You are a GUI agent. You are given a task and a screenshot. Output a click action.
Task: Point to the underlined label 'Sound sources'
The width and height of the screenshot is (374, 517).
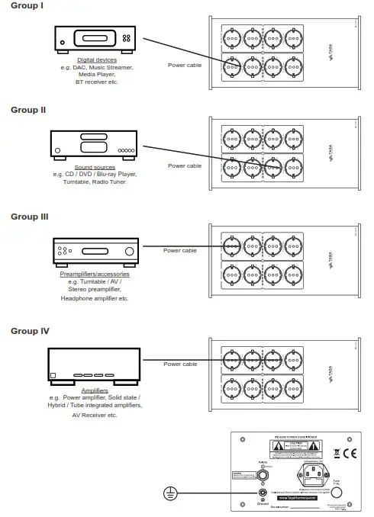coord(95,167)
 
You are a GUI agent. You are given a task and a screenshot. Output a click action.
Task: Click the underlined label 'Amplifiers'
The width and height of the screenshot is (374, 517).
coord(95,390)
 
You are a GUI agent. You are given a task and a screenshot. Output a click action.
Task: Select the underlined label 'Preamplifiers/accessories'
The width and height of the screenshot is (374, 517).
coord(95,274)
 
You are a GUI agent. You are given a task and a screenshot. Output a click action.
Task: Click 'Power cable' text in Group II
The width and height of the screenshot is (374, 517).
coord(185,165)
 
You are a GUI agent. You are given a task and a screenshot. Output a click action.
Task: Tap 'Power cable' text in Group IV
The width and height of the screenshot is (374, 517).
coord(180,364)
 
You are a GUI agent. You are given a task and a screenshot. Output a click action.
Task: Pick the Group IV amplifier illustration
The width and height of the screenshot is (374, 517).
coord(95,364)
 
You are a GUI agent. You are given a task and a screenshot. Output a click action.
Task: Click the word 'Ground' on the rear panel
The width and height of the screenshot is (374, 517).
coord(263,503)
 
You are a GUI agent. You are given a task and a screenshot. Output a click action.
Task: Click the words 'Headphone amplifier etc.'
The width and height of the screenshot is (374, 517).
coord(95,298)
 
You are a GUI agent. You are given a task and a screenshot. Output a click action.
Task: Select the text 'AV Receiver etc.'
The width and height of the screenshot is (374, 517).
coord(95,415)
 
